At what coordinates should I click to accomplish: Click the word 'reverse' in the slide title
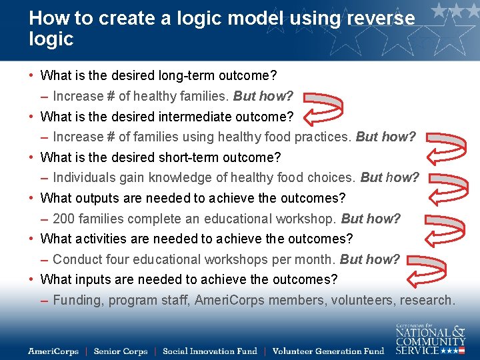click(378, 18)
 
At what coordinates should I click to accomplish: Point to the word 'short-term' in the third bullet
click(192, 157)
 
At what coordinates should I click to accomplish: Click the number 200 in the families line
click(63, 219)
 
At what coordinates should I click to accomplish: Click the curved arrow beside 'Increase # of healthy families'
click(323, 105)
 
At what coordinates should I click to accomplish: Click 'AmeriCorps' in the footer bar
click(53, 351)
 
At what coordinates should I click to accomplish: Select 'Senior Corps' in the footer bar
click(121, 351)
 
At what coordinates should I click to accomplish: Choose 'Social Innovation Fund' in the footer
click(209, 351)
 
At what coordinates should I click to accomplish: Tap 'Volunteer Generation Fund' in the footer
click(328, 351)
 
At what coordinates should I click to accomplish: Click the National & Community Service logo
click(430, 338)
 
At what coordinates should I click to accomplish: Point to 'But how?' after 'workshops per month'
click(370, 259)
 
